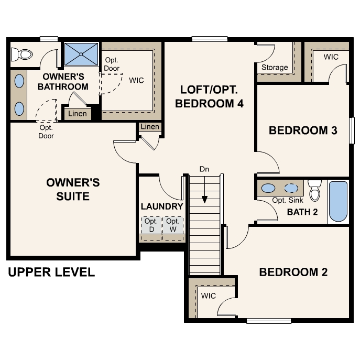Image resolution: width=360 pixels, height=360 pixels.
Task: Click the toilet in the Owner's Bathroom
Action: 24,53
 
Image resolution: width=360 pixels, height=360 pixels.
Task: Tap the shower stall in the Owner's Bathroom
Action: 81,54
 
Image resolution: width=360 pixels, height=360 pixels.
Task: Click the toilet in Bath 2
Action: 314,191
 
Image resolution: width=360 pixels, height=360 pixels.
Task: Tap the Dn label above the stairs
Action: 204,169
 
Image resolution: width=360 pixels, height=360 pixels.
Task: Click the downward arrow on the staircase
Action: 204,200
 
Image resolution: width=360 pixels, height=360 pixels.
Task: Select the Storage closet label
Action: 275,67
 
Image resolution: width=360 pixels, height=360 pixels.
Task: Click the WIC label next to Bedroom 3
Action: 331,57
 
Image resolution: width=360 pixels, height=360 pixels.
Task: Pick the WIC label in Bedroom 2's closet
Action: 209,296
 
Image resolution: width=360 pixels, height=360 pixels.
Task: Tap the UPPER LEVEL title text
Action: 51,272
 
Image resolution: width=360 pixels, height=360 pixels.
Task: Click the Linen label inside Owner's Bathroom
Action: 78,114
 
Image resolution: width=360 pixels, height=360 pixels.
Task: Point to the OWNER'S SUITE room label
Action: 73,189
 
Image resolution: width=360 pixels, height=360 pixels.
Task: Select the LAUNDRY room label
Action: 162,206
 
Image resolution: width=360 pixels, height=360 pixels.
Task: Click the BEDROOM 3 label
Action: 302,130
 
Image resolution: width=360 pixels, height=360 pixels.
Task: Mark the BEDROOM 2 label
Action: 293,272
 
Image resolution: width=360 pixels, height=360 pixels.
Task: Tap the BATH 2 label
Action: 302,212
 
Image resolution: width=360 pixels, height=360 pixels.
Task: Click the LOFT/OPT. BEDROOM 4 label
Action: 209,96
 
